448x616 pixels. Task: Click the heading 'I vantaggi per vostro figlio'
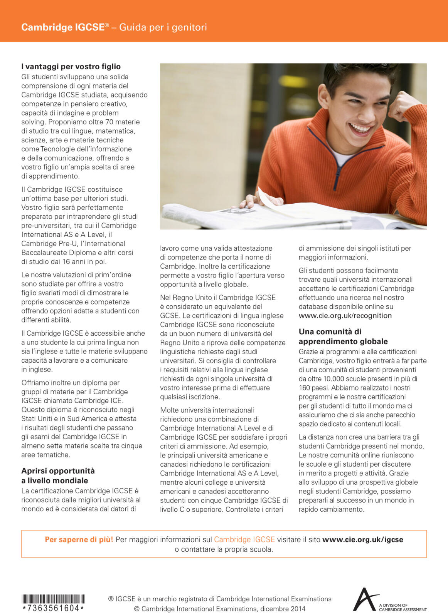[x=71, y=67]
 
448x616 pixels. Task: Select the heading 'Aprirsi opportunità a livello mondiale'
[x=58, y=475]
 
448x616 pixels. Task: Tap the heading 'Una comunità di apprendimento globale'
[x=343, y=336]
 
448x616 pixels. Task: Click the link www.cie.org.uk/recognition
[x=345, y=316]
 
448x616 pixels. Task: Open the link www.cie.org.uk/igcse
[x=362, y=539]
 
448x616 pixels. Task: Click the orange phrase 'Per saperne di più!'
[x=79, y=539]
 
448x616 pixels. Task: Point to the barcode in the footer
[x=53, y=599]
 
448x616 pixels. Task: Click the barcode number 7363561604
[x=53, y=608]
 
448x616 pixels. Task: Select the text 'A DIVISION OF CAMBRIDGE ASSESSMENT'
[x=403, y=607]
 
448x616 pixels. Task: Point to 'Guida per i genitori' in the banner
[x=163, y=27]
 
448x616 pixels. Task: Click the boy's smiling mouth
[x=360, y=128]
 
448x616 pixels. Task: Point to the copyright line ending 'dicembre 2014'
[x=219, y=609]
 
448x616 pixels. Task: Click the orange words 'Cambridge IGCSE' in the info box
[x=244, y=539]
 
